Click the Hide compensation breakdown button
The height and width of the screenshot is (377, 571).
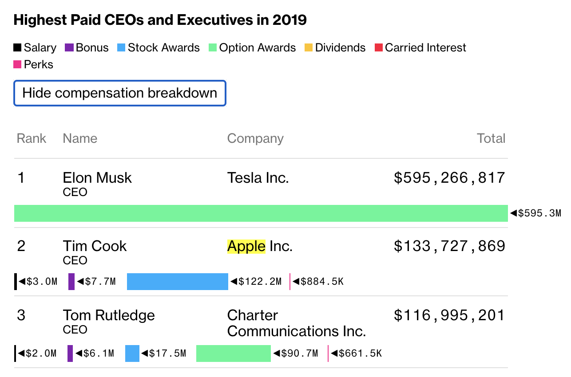[120, 93]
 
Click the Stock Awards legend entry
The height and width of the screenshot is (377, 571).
[158, 48]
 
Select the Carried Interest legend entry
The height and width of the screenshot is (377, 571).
[420, 48]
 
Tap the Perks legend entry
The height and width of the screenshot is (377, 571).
[33, 65]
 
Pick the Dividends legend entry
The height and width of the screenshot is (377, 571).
[335, 48]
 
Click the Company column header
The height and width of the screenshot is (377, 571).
[255, 138]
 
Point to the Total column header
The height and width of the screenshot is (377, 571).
[491, 138]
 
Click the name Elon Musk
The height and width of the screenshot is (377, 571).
[97, 178]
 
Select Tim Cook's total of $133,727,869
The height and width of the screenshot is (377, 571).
[449, 246]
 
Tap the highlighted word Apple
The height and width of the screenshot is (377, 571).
[246, 246]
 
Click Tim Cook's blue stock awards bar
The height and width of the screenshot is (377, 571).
[177, 282]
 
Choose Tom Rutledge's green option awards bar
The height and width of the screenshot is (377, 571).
[233, 353]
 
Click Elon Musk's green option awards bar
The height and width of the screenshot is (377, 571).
[261, 213]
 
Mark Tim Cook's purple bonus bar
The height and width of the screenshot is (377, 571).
[71, 282]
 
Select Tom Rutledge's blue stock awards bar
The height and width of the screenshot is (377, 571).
[132, 353]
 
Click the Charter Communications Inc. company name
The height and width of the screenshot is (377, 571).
[296, 323]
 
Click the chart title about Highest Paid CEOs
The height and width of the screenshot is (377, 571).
[160, 20]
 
